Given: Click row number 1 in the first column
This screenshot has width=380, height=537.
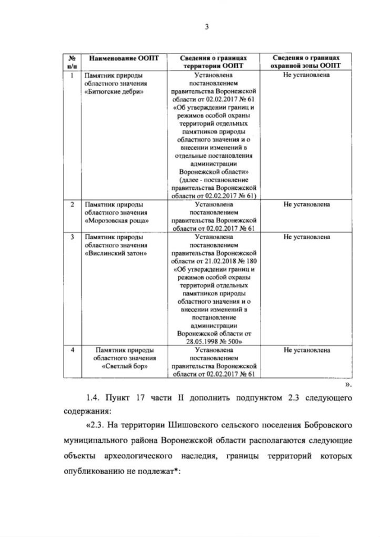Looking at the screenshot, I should click(71, 75).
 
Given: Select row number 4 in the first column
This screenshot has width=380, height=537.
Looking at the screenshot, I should click(71, 350).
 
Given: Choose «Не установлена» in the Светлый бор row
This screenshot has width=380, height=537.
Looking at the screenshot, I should click(307, 350).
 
